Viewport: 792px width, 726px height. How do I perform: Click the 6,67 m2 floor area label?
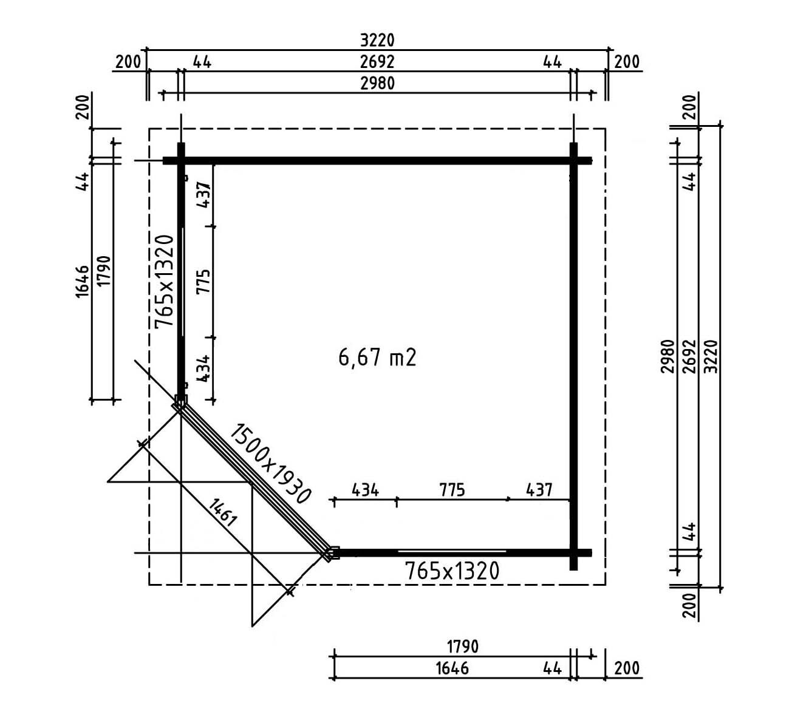point(377,358)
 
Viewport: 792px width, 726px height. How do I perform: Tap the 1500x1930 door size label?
point(270,464)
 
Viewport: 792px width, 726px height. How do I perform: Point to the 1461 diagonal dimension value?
point(222,512)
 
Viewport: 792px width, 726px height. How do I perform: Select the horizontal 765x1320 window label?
point(451,571)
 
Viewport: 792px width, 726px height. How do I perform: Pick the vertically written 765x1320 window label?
point(165,282)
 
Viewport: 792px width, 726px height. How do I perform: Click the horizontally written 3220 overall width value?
point(377,40)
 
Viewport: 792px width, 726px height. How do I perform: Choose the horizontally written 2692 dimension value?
point(377,61)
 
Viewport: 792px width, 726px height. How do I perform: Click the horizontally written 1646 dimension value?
point(452,668)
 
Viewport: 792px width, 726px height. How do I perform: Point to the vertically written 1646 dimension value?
point(83,281)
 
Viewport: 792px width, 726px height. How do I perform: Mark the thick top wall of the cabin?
point(377,161)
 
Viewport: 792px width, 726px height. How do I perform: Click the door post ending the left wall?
point(180,401)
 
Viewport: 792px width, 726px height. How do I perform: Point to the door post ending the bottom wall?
point(332,552)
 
